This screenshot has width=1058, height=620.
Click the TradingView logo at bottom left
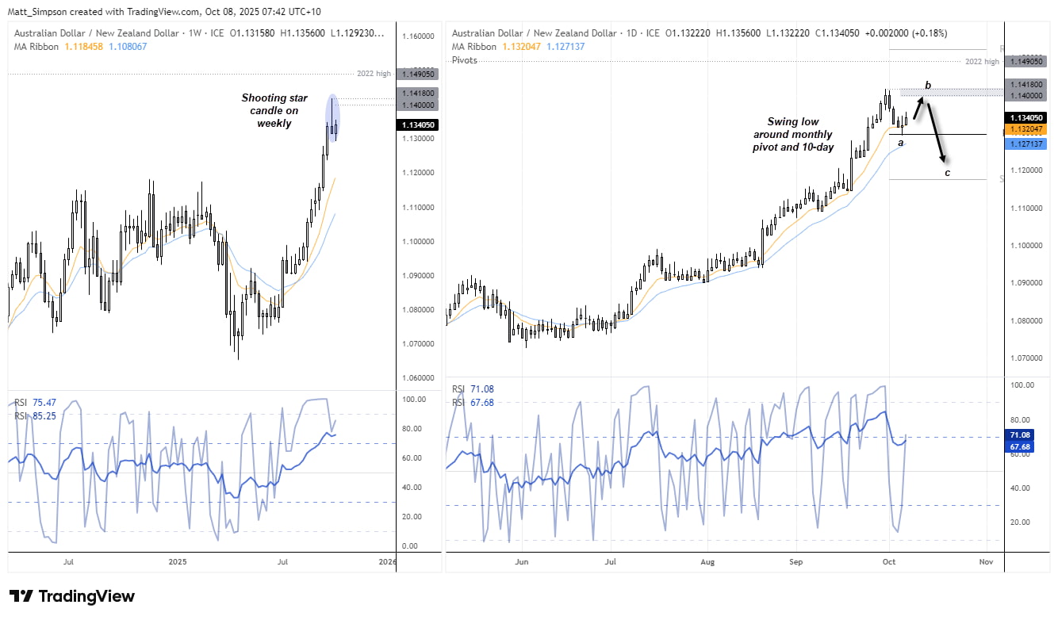pyautogui.click(x=72, y=596)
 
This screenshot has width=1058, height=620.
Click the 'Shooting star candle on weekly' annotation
pyautogui.click(x=274, y=110)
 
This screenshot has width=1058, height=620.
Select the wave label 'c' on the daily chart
pyautogui.click(x=947, y=173)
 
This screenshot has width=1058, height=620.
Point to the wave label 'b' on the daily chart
pyautogui.click(x=927, y=85)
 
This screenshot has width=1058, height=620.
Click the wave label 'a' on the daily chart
pyautogui.click(x=901, y=143)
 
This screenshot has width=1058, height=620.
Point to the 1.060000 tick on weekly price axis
pyautogui.click(x=418, y=378)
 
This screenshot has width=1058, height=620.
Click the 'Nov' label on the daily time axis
pyautogui.click(x=986, y=561)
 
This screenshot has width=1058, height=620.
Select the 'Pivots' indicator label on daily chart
pyautogui.click(x=465, y=60)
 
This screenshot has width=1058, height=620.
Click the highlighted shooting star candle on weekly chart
pyautogui.click(x=333, y=117)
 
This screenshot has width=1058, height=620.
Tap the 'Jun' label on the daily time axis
pyautogui.click(x=521, y=561)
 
